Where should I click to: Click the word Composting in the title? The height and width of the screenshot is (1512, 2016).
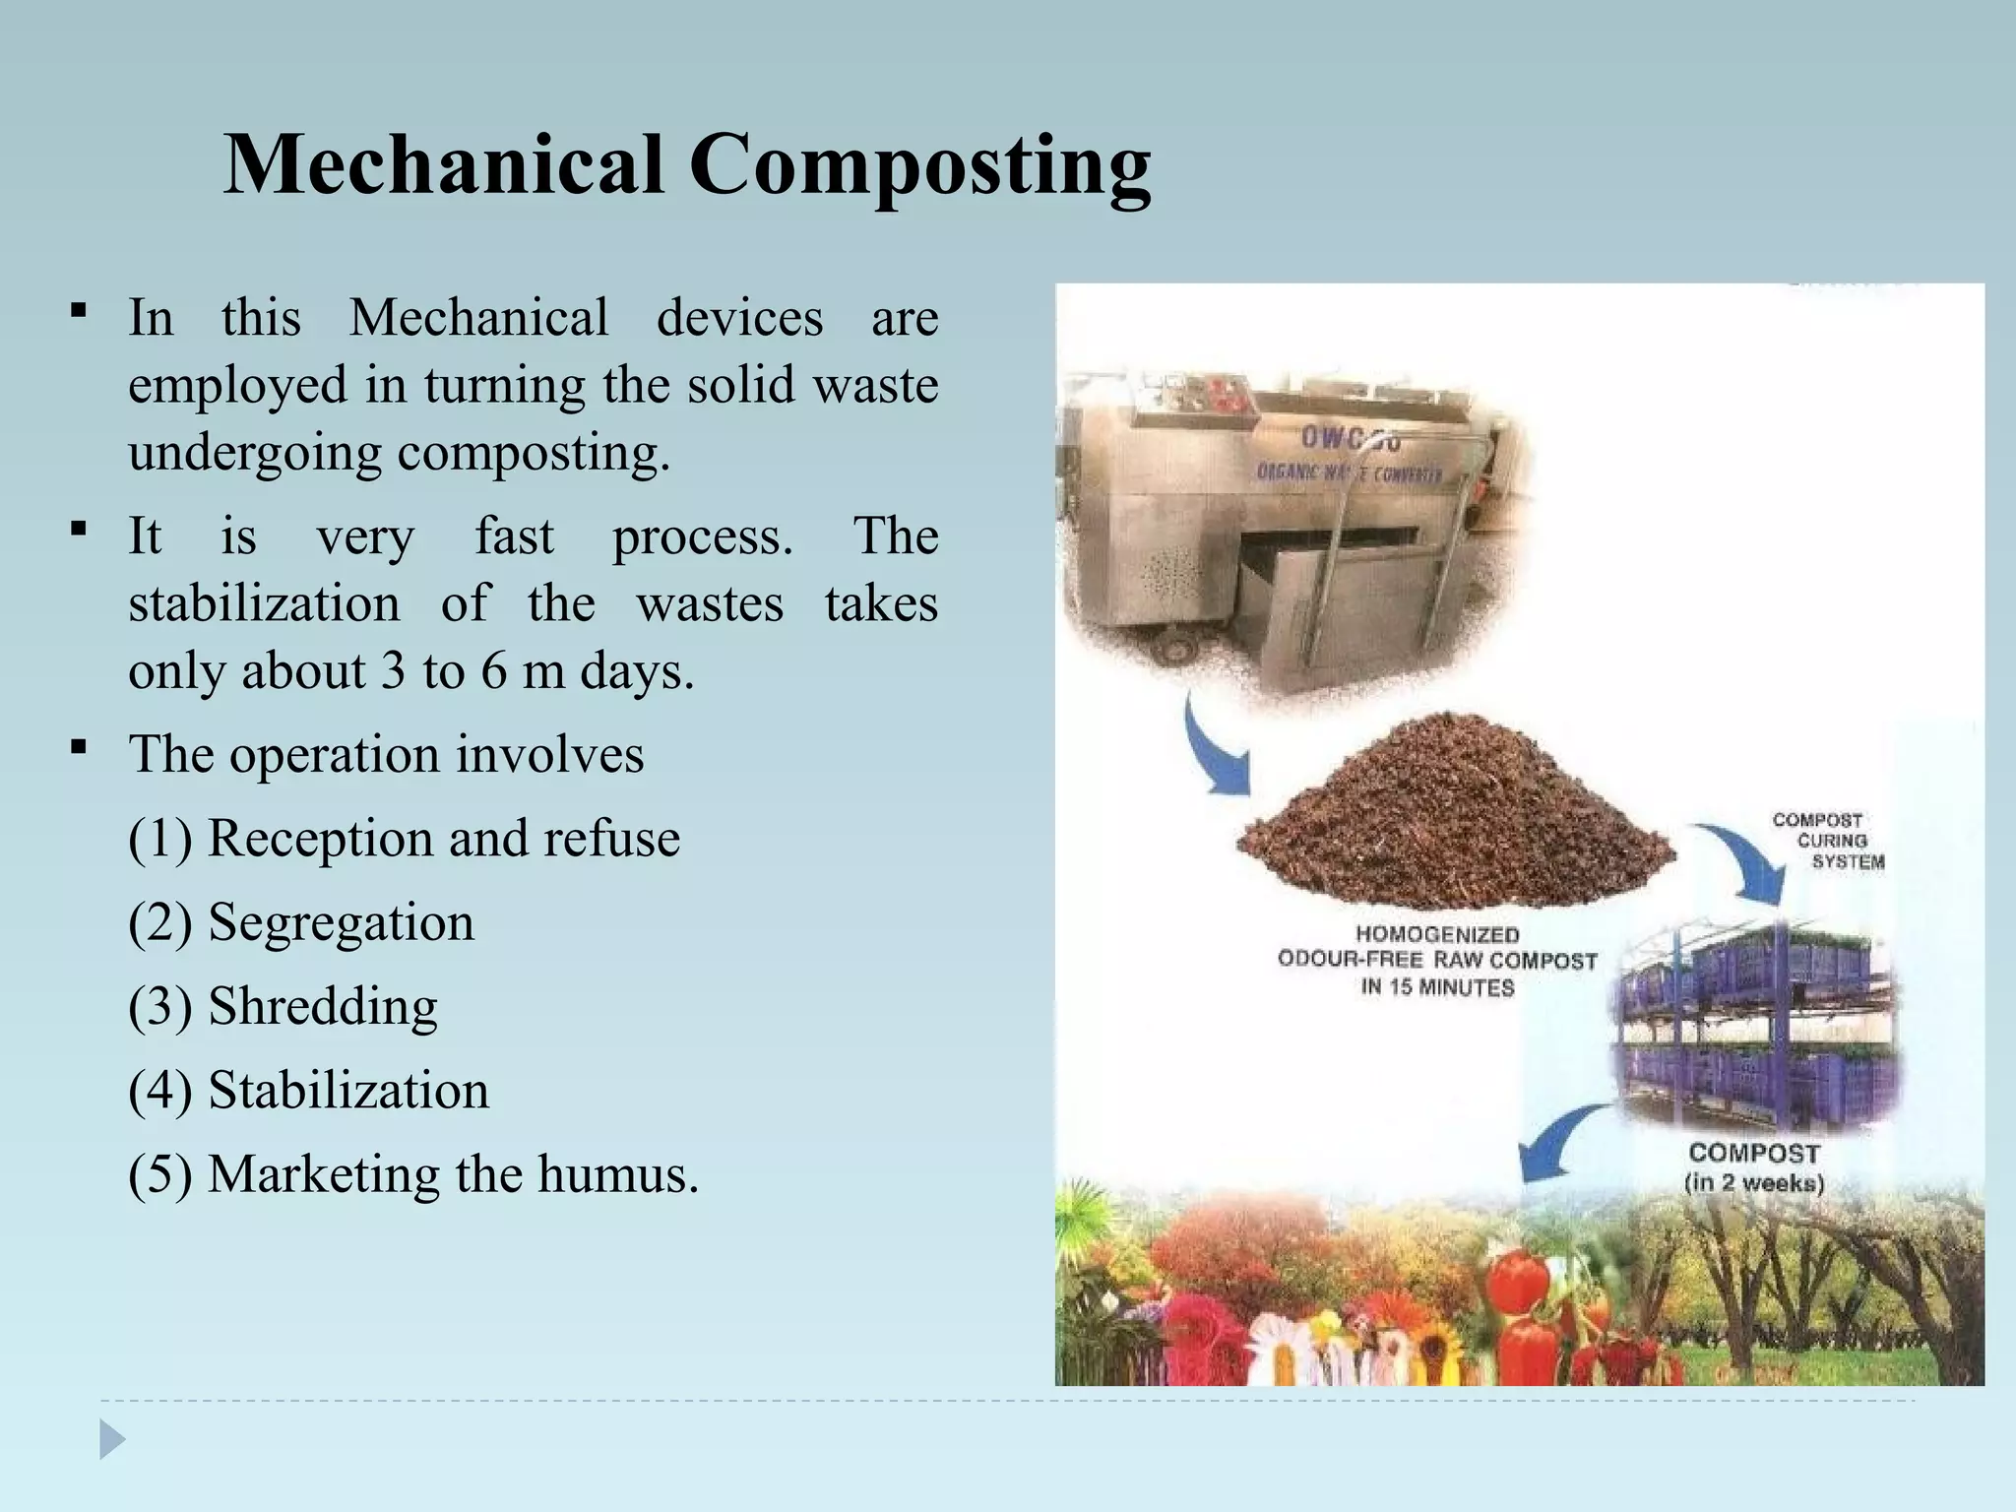pos(919,165)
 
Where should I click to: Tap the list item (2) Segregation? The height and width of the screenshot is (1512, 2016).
pos(301,922)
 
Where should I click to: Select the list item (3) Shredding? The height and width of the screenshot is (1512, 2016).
pos(283,1006)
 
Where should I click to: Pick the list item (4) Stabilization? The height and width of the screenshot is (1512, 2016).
pos(308,1091)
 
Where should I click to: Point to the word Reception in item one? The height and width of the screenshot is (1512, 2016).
pos(320,839)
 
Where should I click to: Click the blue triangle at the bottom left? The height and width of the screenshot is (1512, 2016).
pos(112,1439)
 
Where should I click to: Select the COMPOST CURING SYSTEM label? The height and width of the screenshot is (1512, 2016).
pos(1827,841)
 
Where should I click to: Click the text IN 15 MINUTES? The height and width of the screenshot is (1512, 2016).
pos(1437,987)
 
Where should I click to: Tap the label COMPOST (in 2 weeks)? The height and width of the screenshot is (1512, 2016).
pos(1754,1167)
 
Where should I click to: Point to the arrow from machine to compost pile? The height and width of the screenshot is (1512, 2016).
pos(1213,748)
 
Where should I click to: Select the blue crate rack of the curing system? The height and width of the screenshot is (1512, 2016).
pos(1757,1024)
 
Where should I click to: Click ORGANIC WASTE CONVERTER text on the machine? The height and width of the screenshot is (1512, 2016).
pos(1349,473)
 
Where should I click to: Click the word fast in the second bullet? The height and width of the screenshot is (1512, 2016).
pos(514,537)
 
